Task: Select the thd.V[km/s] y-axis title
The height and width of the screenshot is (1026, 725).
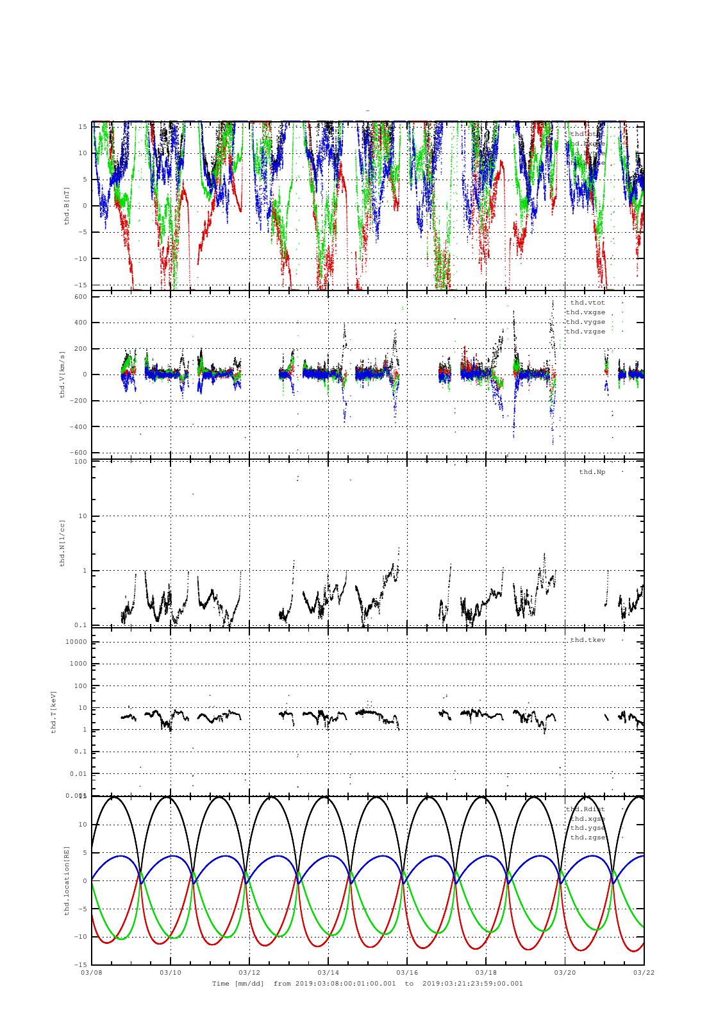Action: pyautogui.click(x=62, y=374)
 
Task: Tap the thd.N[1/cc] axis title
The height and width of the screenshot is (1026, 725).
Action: pyautogui.click(x=62, y=543)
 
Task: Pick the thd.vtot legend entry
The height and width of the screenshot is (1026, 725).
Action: pyautogui.click(x=587, y=302)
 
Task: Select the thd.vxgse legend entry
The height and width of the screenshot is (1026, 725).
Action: pyautogui.click(x=585, y=312)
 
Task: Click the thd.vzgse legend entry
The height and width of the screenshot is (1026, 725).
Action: pyautogui.click(x=585, y=331)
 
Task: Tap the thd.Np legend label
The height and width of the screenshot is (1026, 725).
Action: pyautogui.click(x=592, y=472)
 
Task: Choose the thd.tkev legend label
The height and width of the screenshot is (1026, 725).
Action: pyautogui.click(x=587, y=640)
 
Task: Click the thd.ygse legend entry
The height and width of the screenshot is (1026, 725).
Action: pyautogui.click(x=587, y=828)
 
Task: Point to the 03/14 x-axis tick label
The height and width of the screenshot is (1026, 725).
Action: pyautogui.click(x=328, y=972)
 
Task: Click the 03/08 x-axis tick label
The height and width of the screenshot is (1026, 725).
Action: pyautogui.click(x=92, y=972)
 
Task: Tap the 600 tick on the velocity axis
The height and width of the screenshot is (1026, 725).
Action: pyautogui.click(x=80, y=296)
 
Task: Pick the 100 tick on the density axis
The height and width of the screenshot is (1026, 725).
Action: pyautogui.click(x=80, y=462)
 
